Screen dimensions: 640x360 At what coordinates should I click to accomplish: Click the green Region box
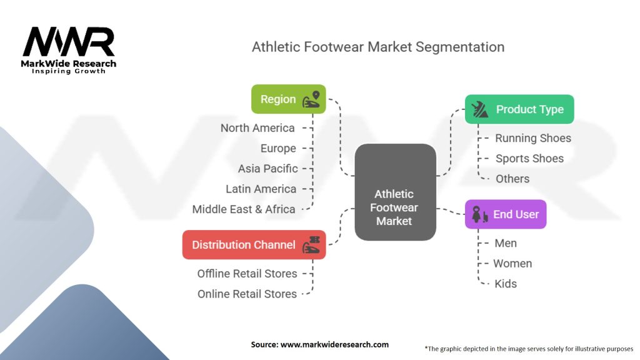(x=288, y=99)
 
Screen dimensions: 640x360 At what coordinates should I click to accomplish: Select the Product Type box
(x=519, y=109)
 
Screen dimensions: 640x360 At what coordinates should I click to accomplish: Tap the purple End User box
(x=506, y=214)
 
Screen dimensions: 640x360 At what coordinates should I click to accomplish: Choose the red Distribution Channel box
(x=254, y=244)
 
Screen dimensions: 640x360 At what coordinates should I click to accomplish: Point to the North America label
(x=257, y=128)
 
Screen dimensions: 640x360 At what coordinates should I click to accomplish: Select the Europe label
(x=278, y=148)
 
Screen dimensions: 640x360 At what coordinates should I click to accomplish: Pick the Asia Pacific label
(x=267, y=169)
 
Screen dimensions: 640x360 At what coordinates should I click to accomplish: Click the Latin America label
(x=261, y=189)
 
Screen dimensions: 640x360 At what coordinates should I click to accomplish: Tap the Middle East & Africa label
(x=244, y=209)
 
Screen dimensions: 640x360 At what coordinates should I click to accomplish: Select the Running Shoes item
(x=532, y=138)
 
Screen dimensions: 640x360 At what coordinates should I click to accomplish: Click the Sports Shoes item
(x=529, y=159)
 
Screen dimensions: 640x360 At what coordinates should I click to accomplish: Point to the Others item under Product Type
(x=512, y=179)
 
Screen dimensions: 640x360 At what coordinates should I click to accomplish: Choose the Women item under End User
(x=512, y=263)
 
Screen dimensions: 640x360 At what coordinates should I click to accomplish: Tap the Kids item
(x=505, y=284)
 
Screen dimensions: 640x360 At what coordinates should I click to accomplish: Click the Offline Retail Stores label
(x=247, y=274)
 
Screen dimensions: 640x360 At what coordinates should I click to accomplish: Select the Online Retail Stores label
(x=247, y=294)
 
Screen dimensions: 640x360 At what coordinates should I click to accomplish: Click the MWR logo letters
(x=69, y=42)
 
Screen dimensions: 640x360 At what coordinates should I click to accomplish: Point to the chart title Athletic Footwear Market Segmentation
(x=377, y=47)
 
